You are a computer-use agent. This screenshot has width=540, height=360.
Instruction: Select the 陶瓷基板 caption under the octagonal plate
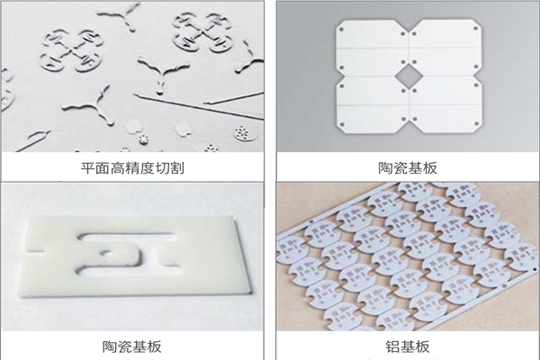click(407, 167)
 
